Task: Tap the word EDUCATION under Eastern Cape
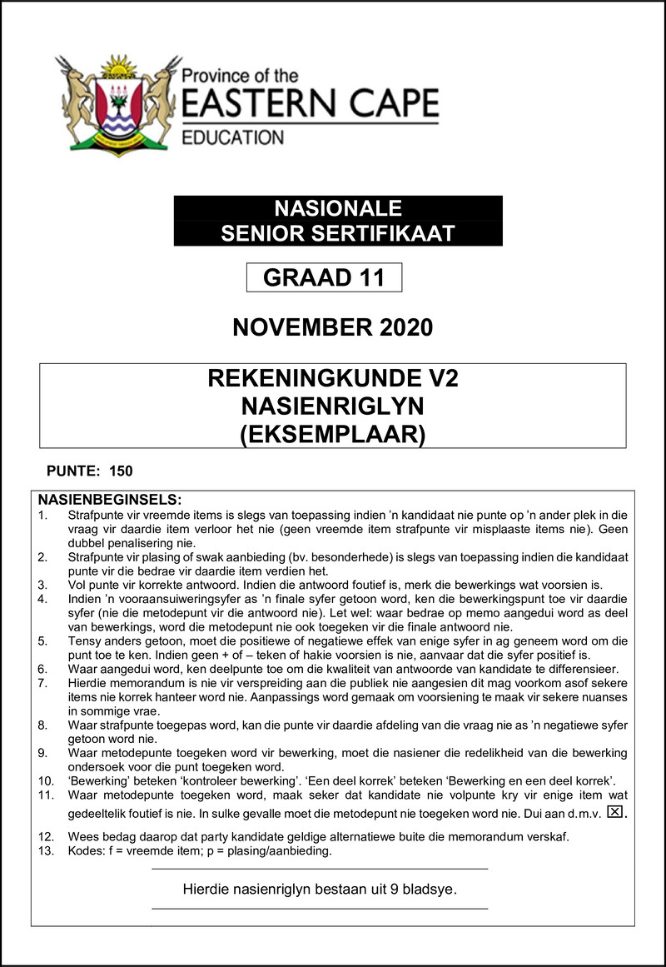[233, 137]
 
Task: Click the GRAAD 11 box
[324, 277]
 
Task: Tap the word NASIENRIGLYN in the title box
[333, 407]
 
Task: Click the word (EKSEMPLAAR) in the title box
[333, 435]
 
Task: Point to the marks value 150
[121, 471]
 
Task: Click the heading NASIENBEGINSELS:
[110, 500]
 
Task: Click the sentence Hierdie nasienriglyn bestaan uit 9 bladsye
[320, 890]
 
